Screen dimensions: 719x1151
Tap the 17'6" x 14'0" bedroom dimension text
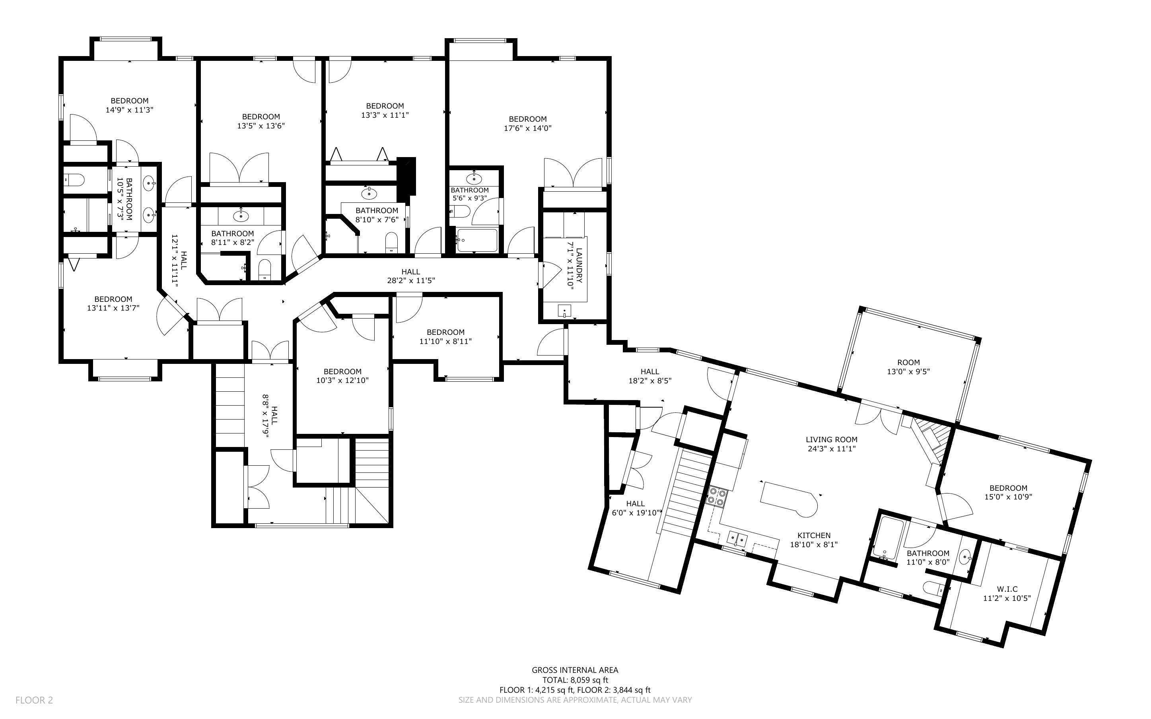tap(527, 128)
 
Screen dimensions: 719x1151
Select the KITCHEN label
tap(813, 535)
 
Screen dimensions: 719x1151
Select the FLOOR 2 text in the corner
tap(34, 700)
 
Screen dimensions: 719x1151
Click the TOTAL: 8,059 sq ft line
tap(575, 680)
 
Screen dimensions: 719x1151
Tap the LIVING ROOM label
tap(831, 440)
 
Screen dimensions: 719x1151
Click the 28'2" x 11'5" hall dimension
tap(411, 281)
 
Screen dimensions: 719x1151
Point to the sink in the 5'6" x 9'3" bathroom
tap(474, 179)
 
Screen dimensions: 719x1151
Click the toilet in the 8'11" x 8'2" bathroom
tap(264, 270)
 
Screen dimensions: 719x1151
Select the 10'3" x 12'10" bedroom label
tap(342, 376)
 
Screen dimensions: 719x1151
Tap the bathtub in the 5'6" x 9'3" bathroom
tap(476, 241)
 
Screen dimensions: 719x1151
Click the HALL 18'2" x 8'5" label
tap(649, 376)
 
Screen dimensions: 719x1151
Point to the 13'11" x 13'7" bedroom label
tap(113, 303)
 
